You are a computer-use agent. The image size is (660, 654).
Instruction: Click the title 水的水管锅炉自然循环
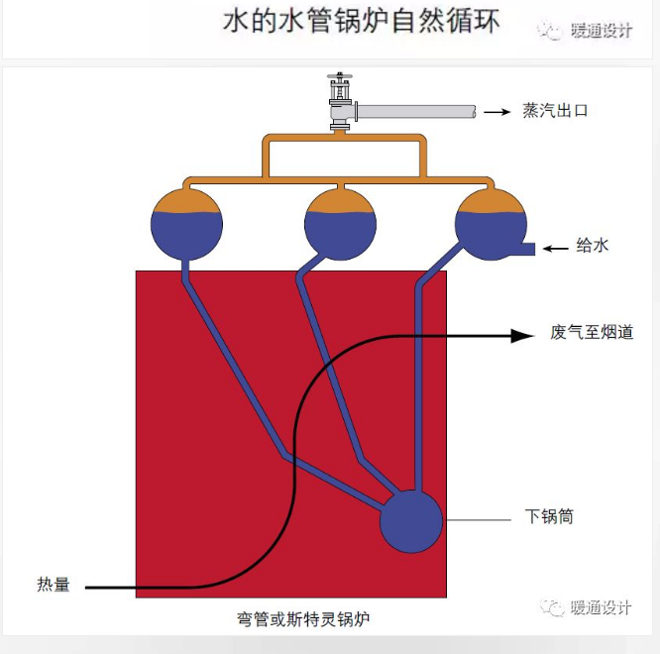pyautogui.click(x=361, y=21)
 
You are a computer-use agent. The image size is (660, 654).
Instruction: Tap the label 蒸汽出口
pyautogui.click(x=555, y=111)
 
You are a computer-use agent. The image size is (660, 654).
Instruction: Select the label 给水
pyautogui.click(x=593, y=245)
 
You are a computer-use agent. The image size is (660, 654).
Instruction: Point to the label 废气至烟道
pyautogui.click(x=592, y=332)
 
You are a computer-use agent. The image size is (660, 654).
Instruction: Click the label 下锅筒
pyautogui.click(x=549, y=516)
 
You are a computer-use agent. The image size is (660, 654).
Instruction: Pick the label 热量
pyautogui.click(x=54, y=585)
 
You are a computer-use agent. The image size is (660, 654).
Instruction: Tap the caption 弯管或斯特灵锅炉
pyautogui.click(x=303, y=619)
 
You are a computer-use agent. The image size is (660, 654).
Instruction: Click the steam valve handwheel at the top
pyautogui.click(x=340, y=76)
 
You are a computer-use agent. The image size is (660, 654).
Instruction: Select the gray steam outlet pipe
pyautogui.click(x=416, y=112)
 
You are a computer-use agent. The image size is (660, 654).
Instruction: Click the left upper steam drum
pyautogui.click(x=186, y=224)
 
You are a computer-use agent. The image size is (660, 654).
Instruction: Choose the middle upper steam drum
pyautogui.click(x=340, y=224)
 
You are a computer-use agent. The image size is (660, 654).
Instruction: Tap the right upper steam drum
pyautogui.click(x=491, y=224)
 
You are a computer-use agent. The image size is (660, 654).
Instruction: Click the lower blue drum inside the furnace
pyautogui.click(x=411, y=521)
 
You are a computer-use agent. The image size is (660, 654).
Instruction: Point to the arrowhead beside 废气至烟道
pyautogui.click(x=523, y=336)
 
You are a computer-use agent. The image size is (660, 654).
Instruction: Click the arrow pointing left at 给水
pyautogui.click(x=556, y=249)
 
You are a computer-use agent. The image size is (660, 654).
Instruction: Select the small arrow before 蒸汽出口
pyautogui.click(x=497, y=112)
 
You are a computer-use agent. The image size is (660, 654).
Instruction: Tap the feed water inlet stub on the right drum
pyautogui.click(x=528, y=249)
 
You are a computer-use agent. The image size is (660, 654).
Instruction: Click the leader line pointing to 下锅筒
pyautogui.click(x=479, y=520)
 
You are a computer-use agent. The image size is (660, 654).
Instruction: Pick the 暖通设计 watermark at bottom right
pyautogui.click(x=586, y=607)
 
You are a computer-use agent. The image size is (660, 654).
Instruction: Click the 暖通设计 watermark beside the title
pyautogui.click(x=585, y=31)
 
